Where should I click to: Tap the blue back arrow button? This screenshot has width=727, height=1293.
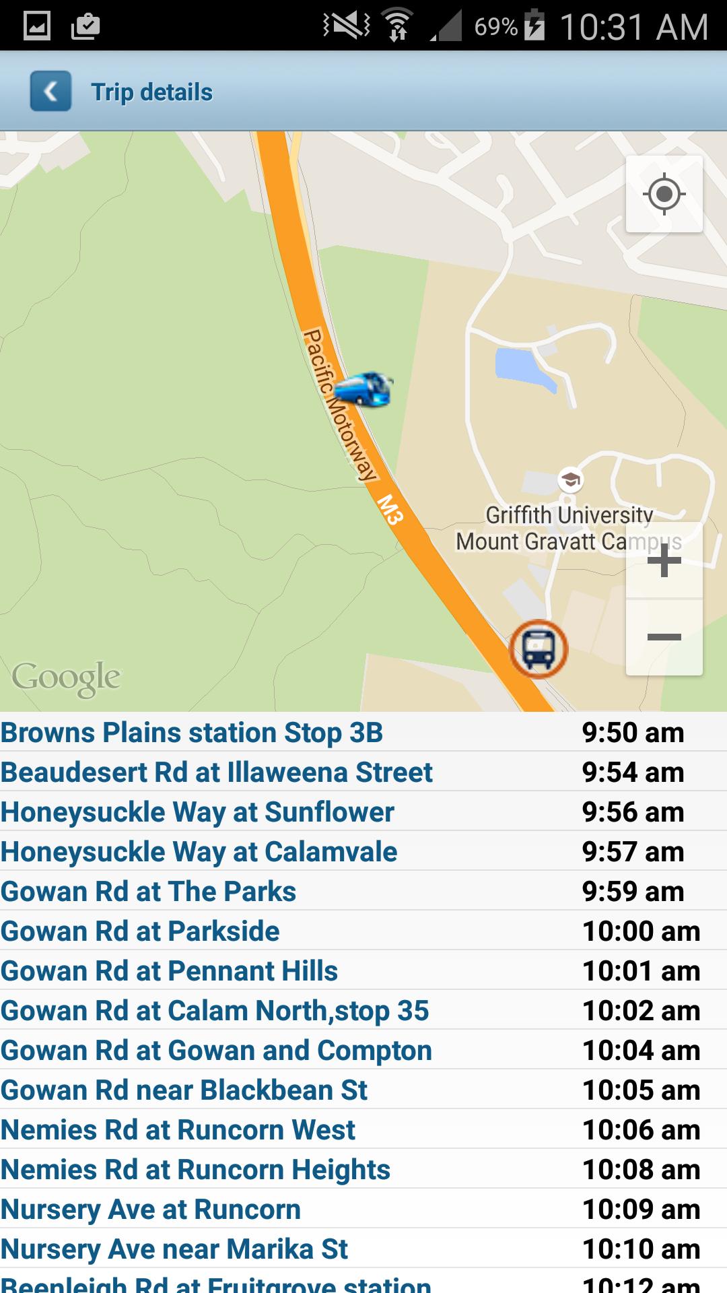(x=50, y=91)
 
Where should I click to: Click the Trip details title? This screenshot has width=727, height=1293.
(x=151, y=92)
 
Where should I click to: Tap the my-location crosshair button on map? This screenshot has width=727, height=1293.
(x=664, y=194)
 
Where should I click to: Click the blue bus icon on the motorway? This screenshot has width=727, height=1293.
(x=363, y=389)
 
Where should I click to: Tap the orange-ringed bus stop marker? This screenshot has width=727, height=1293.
(x=539, y=649)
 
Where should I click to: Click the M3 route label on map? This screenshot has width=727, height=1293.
(x=390, y=509)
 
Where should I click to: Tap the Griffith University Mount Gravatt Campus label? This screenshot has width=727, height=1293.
(x=569, y=529)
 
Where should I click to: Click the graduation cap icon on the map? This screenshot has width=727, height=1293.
(x=570, y=480)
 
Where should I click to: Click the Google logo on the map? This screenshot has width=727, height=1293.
(x=66, y=677)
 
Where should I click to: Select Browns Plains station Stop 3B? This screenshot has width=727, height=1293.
(x=192, y=733)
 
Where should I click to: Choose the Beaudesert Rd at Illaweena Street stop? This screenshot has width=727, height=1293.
(x=216, y=772)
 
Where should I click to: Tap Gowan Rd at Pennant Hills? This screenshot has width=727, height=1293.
(x=169, y=971)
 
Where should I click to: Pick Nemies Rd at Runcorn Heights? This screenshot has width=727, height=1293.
(x=195, y=1170)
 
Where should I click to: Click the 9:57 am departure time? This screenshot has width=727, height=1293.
(x=633, y=852)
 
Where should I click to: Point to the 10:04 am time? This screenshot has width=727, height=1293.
(x=641, y=1051)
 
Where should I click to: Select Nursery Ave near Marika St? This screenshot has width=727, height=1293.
(x=174, y=1249)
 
